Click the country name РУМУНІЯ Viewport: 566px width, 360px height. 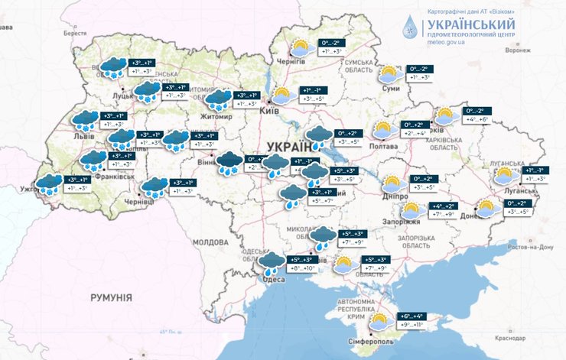pos(111,297)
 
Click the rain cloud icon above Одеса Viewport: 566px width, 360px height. pos(271,263)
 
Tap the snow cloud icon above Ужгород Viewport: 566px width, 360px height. pos(50,184)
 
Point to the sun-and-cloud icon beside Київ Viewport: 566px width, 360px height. pos(282,96)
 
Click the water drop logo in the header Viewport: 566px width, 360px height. pos(410,27)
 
